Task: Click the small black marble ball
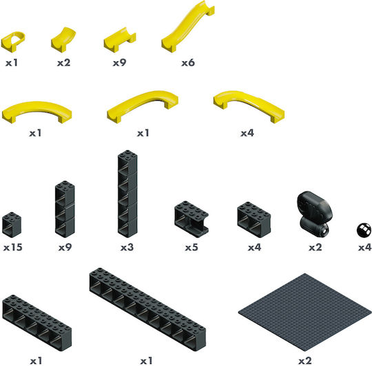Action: pos(364,230)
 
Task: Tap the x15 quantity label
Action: pos(13,247)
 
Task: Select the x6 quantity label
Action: pos(188,63)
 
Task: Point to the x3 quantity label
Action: pos(127,247)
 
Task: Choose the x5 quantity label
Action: pos(192,247)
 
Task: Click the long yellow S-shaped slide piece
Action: pos(187,28)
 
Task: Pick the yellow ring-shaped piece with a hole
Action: pos(13,41)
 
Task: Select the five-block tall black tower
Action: pos(127,194)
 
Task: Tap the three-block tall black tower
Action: pos(65,210)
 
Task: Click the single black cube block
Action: pos(12,225)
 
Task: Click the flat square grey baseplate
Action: pos(305,312)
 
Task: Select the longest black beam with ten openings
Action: pos(147,309)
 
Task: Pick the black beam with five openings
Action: pos(37,323)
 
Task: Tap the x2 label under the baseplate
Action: pos(305,361)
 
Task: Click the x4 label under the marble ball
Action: pos(364,247)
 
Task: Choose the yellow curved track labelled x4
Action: pos(249,105)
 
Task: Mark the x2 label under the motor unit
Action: pos(316,247)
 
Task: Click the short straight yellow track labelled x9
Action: pos(120,40)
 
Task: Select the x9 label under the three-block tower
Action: pos(65,247)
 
